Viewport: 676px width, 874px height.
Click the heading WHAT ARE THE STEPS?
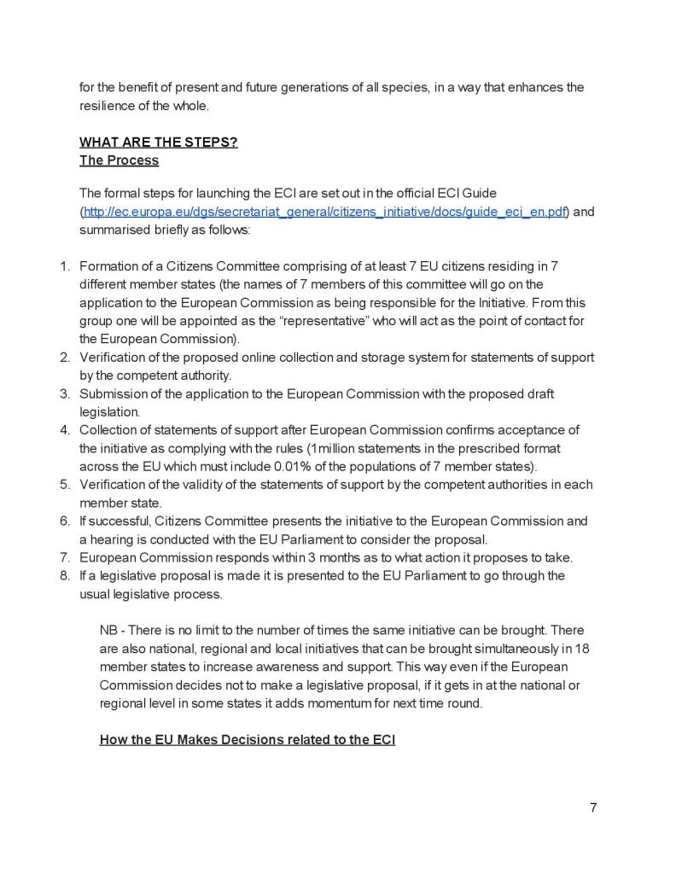point(158,142)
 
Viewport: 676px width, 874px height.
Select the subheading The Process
point(119,160)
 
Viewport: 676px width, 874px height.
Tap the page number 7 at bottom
point(593,807)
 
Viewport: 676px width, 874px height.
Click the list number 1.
point(64,266)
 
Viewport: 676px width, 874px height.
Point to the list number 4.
point(64,429)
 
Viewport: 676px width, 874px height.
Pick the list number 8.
point(64,575)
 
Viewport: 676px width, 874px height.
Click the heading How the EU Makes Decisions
point(247,739)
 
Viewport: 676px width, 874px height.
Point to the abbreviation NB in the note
point(109,630)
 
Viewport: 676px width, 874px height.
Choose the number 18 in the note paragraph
point(582,648)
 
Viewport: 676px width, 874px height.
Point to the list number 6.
point(64,521)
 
